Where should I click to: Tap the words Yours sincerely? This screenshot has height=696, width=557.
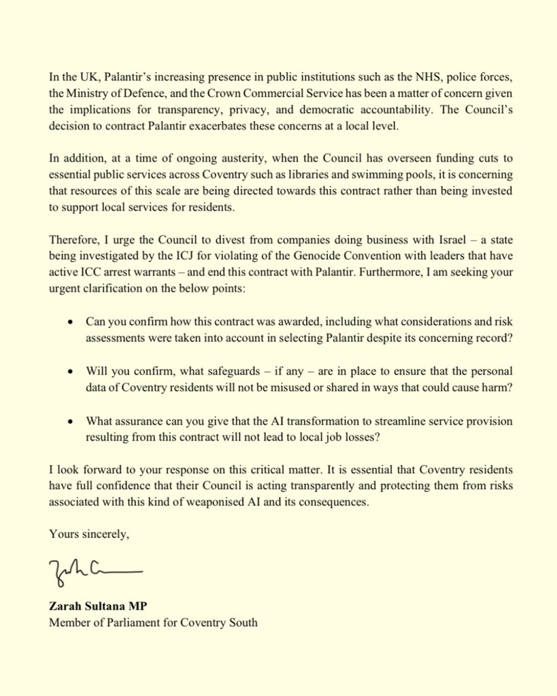(88, 534)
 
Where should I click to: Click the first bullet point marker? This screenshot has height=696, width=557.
(71, 320)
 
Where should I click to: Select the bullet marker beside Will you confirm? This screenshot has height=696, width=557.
(71, 372)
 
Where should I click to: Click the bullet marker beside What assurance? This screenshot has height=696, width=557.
(71, 422)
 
